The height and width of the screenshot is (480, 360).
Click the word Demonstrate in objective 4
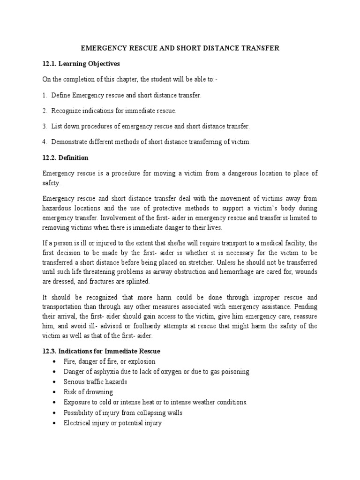(x=72, y=142)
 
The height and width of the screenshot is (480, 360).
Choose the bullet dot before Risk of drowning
(x=55, y=392)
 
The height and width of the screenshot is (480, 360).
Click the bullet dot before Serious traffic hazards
(x=55, y=382)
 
